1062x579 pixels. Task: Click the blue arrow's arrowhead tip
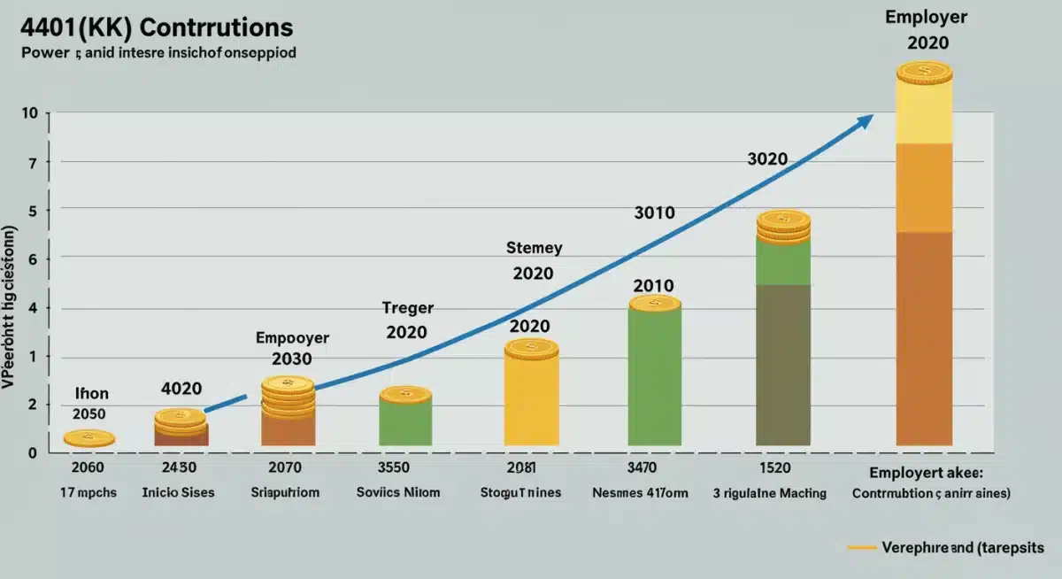[x=873, y=115]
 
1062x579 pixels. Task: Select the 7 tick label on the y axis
[x=33, y=163]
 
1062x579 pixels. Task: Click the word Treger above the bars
[x=407, y=308]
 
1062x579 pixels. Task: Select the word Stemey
[x=534, y=248]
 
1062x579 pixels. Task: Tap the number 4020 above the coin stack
[x=181, y=389]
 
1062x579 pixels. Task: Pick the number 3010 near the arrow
[x=654, y=213]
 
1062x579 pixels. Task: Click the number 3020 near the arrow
[x=767, y=159]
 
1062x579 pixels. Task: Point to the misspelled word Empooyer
[x=292, y=337]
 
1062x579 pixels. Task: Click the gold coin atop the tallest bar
[x=924, y=73]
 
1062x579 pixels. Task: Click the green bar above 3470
[x=654, y=376]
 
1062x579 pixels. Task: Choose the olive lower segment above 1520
[x=783, y=363]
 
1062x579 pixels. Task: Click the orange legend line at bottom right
[x=862, y=548]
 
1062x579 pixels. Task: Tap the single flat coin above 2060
[x=88, y=437]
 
